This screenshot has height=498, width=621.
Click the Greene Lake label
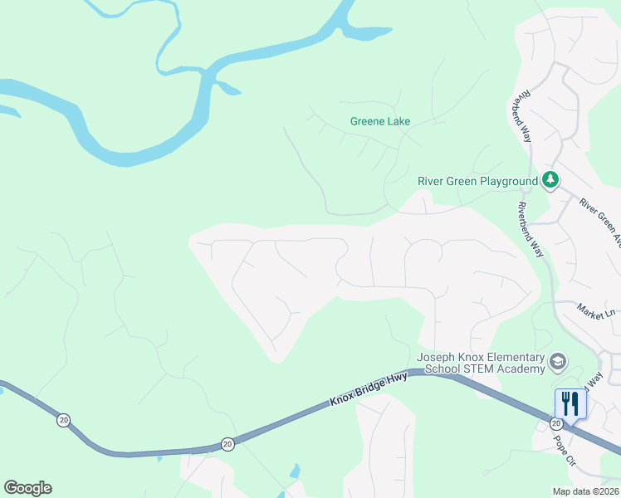pos(379,121)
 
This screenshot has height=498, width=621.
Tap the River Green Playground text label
pos(477,181)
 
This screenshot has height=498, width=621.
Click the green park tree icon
pos(550,180)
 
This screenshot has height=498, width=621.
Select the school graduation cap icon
pos(557,361)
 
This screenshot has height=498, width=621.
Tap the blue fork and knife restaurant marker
pos(570,403)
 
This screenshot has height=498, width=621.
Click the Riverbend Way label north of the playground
pos(520,117)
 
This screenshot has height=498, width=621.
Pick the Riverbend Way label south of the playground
pos(529,229)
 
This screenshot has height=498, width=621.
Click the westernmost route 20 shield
pos(63,420)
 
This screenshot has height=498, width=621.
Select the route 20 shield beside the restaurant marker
pos(555,422)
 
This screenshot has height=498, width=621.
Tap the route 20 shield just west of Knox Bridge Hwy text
pos(227,445)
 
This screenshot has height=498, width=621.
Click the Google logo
pos(27,488)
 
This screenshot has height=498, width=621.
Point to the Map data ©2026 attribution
pos(585,491)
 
